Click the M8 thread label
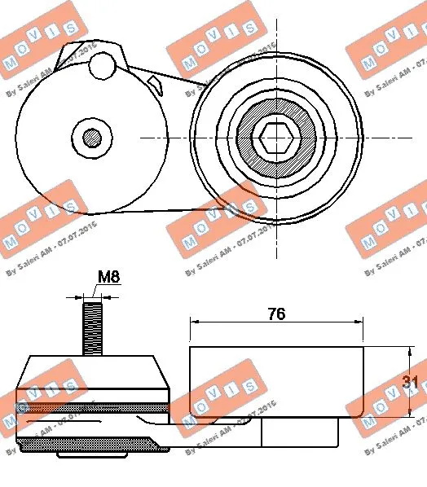tap(108, 278)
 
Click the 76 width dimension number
tap(276, 314)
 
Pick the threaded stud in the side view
tap(92, 327)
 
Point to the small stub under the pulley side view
tap(299, 431)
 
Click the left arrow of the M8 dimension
tap(80, 297)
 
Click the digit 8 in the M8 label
tap(115, 278)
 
